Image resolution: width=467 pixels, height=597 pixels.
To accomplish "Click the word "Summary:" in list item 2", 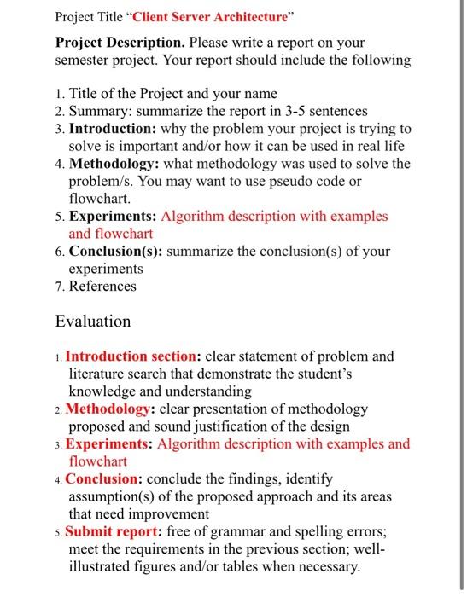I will tap(98, 111).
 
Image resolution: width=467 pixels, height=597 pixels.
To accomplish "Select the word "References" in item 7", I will tap(102, 286).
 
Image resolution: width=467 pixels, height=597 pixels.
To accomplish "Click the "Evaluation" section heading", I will tap(93, 322).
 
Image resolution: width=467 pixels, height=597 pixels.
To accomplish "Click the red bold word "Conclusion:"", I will tap(104, 479).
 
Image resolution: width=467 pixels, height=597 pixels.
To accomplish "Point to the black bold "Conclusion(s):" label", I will tap(116, 252).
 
